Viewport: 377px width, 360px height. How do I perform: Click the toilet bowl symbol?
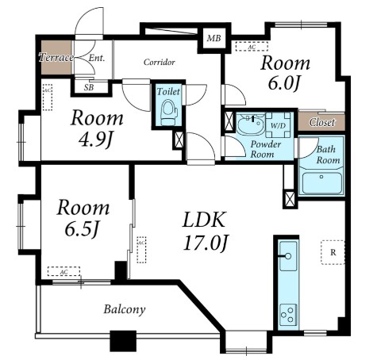click(x=168, y=112)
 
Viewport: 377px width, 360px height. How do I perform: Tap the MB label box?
click(x=214, y=38)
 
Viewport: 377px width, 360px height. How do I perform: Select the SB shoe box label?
click(x=90, y=87)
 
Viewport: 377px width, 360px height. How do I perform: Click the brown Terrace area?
click(x=56, y=57)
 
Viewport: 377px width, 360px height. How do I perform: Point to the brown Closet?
click(x=321, y=122)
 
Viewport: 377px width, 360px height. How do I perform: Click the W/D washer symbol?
click(x=278, y=125)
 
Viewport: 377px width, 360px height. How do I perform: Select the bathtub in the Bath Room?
click(x=321, y=183)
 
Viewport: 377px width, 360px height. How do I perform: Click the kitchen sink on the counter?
click(x=288, y=255)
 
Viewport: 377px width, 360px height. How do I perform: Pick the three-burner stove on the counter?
click(x=288, y=314)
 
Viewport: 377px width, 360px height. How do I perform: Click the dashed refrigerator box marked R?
click(x=333, y=252)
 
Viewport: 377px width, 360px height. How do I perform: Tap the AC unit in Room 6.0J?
click(x=252, y=47)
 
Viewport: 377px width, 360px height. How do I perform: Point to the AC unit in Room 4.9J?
click(x=48, y=98)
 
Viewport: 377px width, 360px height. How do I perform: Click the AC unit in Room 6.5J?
click(x=63, y=271)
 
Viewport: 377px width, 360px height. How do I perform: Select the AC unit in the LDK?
click(x=141, y=250)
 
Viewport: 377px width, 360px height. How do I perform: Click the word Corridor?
click(x=160, y=62)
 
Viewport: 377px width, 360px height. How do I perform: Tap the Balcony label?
click(x=125, y=309)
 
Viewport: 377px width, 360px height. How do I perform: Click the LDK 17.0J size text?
click(x=205, y=243)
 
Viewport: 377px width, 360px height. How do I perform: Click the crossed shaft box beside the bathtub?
click(x=290, y=198)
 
